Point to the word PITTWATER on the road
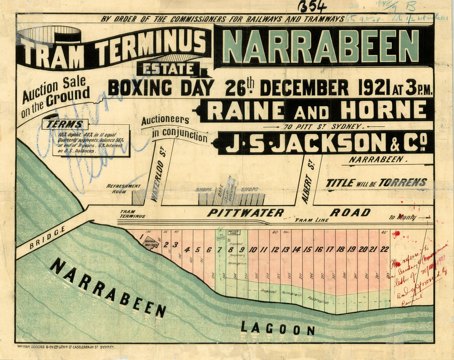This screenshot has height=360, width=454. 246,212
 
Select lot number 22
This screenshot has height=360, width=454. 384,249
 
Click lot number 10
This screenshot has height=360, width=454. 253,249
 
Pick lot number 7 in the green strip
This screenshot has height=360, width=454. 220,249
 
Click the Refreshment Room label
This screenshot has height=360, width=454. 124,189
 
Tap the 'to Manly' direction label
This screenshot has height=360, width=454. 402,217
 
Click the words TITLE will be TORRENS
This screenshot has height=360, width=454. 376,183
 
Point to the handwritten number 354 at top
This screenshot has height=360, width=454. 313,6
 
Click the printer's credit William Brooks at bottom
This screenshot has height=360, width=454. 66,346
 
